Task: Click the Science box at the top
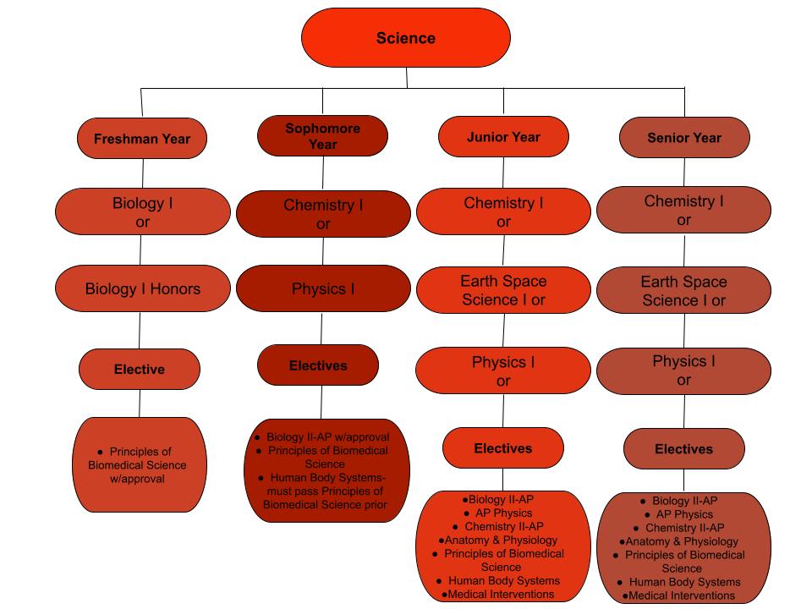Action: pos(406,38)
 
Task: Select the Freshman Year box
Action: pos(142,139)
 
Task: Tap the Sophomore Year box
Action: pos(322,136)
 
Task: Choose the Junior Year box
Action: pos(503,136)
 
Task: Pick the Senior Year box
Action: pos(684,137)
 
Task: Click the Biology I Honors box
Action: pos(143,288)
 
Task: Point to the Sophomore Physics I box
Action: pos(323,288)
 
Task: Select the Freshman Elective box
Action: pos(140,370)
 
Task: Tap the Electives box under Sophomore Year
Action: pos(318,365)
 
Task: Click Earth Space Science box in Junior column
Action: pos(503,290)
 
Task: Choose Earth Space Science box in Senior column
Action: pos(683,291)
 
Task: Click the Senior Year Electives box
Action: pos(683,449)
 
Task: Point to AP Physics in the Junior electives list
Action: pos(502,513)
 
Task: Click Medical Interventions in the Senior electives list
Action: pos(681,595)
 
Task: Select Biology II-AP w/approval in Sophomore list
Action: pos(327,437)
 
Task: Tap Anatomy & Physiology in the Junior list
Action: pos(501,540)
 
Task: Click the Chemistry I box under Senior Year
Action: pos(683,211)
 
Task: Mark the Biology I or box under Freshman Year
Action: pos(143,212)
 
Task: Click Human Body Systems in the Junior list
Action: pos(503,580)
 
